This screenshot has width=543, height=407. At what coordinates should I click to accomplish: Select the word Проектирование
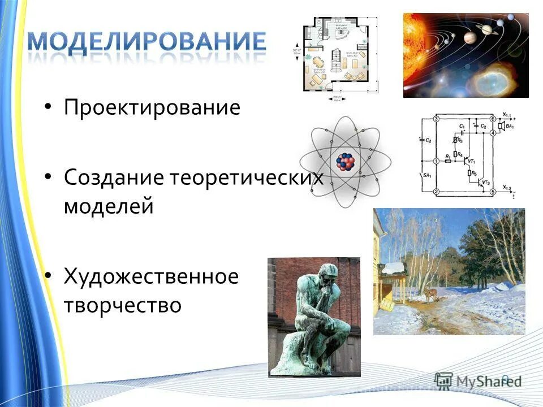[x=152, y=108]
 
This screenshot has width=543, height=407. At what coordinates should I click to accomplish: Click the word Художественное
[x=151, y=277]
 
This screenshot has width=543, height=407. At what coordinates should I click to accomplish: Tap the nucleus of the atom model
[x=345, y=162]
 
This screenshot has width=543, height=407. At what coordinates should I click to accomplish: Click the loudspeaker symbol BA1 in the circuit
[x=510, y=127]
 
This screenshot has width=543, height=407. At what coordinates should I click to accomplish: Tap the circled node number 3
[x=436, y=119]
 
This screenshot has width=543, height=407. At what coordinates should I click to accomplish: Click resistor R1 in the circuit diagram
[x=448, y=161]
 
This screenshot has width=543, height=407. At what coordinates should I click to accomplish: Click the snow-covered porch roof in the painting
[x=393, y=268]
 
